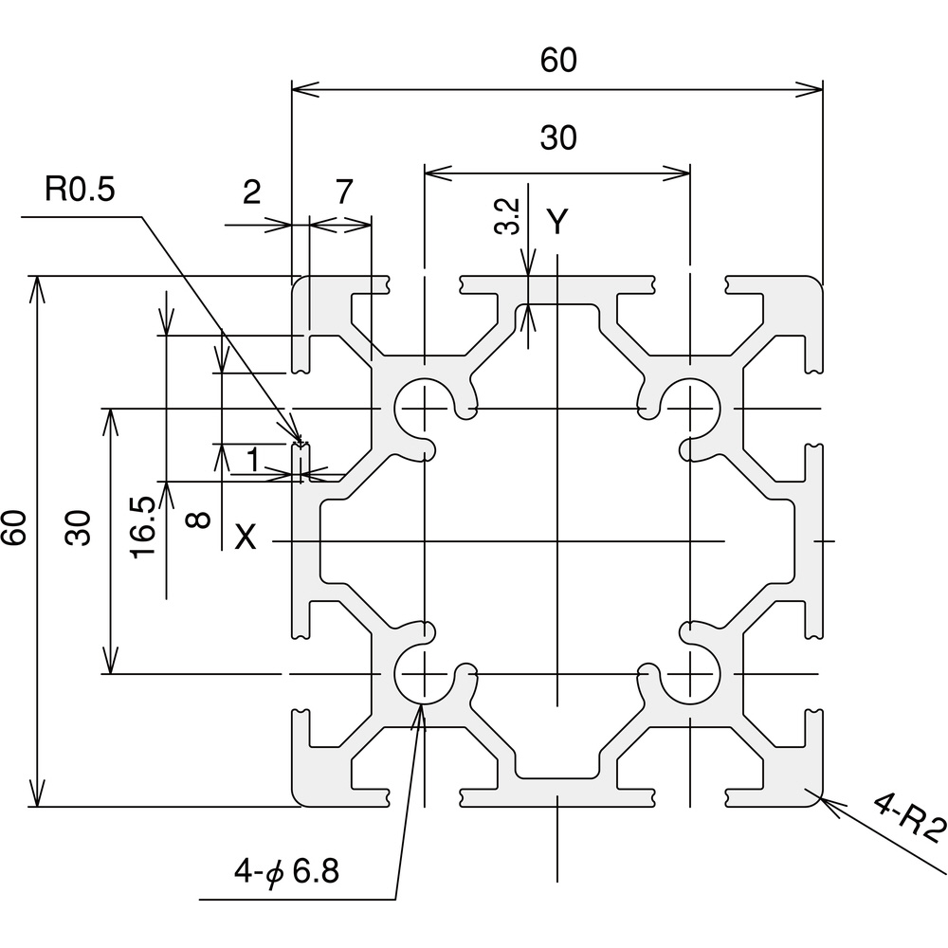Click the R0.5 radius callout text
(x=80, y=191)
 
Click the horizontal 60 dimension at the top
(x=558, y=61)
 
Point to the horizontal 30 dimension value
(x=558, y=138)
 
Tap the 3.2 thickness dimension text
(x=508, y=216)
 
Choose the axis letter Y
(x=558, y=222)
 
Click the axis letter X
(x=245, y=538)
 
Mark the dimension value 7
(x=344, y=192)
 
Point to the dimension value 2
(x=251, y=192)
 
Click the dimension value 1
(x=252, y=461)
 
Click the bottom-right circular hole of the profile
(x=690, y=674)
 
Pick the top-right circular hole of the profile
(x=690, y=408)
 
